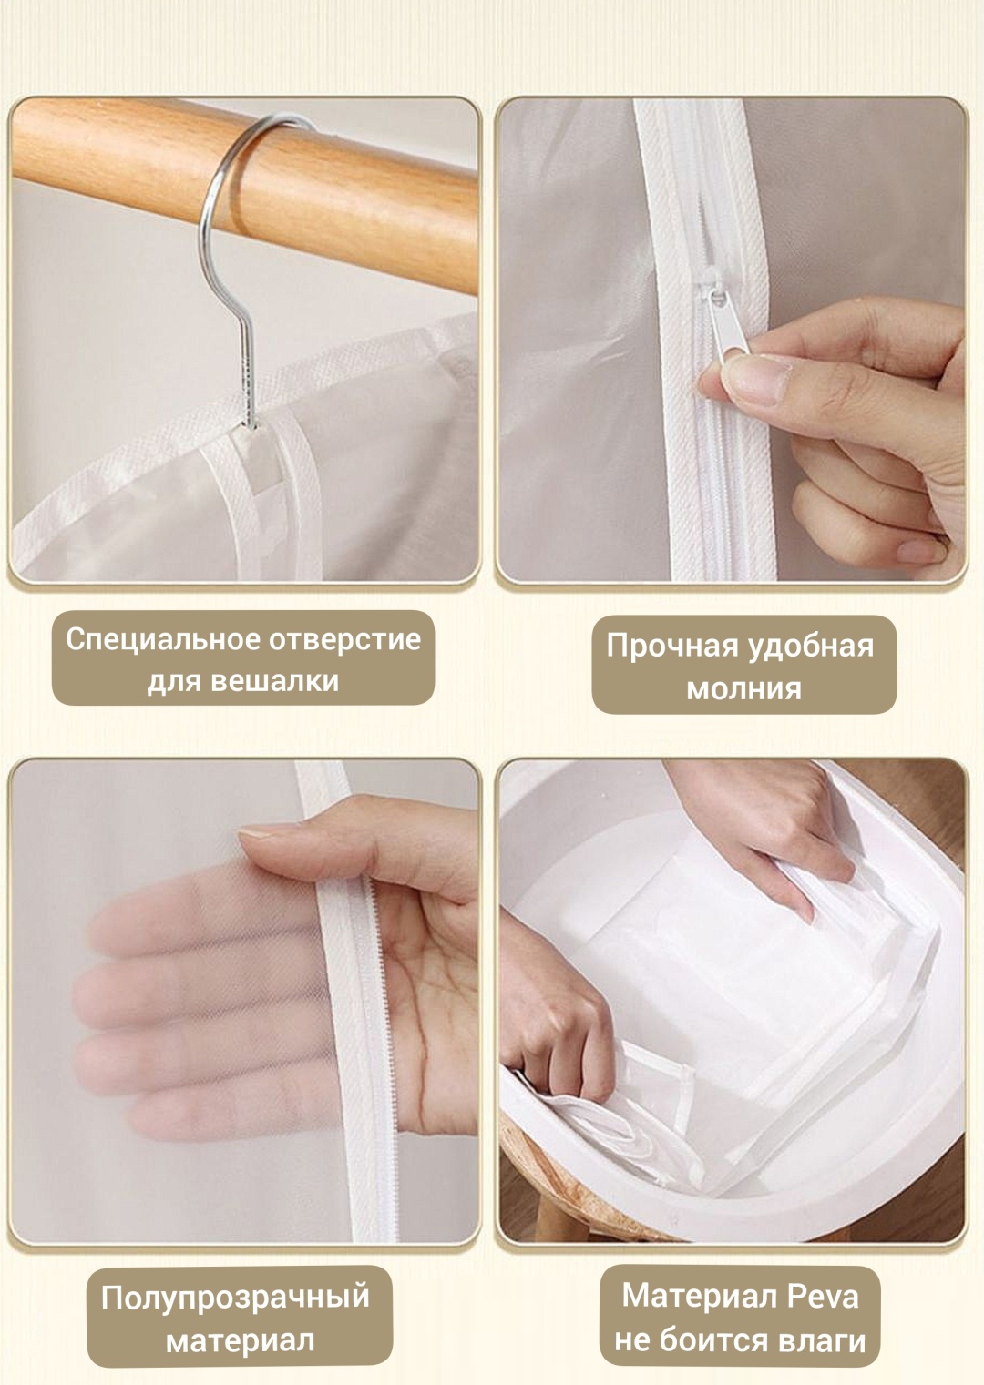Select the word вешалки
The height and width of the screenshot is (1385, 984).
pyautogui.click(x=274, y=681)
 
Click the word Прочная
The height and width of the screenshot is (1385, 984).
pyautogui.click(x=671, y=647)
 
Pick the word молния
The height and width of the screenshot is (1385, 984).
pyautogui.click(x=744, y=688)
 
